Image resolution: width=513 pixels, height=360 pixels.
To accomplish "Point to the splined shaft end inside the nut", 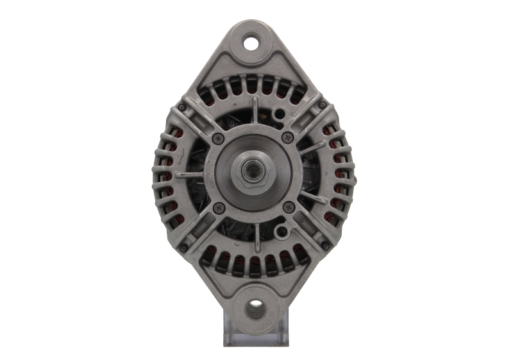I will point(254,172).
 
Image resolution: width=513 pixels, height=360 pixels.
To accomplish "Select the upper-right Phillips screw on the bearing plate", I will point(287,137).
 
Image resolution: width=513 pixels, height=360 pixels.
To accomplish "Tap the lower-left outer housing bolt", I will point(184,246).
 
